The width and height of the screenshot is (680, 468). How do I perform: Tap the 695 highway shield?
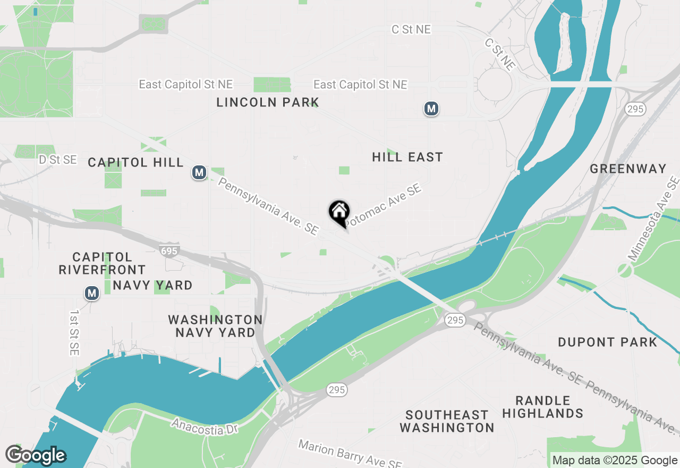click(x=169, y=249)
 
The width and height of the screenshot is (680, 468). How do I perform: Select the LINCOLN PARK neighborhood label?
click(x=268, y=102)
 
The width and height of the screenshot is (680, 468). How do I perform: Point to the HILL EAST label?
click(x=407, y=157)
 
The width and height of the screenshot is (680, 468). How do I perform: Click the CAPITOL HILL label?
click(x=136, y=162)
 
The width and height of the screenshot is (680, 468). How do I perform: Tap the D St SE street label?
click(x=58, y=160)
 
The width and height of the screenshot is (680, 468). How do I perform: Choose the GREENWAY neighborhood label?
click(x=628, y=169)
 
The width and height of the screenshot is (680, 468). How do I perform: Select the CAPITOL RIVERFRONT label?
click(x=102, y=263)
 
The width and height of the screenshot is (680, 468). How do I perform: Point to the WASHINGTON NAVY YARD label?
click(x=215, y=326)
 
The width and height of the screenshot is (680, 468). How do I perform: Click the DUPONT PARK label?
click(x=608, y=342)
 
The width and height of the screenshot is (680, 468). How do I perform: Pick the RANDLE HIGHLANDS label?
click(x=543, y=407)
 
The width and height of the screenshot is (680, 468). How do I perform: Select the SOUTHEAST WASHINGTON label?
click(x=447, y=421)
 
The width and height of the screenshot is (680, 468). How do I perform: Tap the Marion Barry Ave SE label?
click(x=349, y=454)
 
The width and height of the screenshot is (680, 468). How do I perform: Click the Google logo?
click(x=36, y=455)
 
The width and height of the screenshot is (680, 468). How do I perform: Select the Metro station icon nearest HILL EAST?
click(x=431, y=109)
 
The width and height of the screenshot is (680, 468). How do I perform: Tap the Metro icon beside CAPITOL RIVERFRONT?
click(x=92, y=293)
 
